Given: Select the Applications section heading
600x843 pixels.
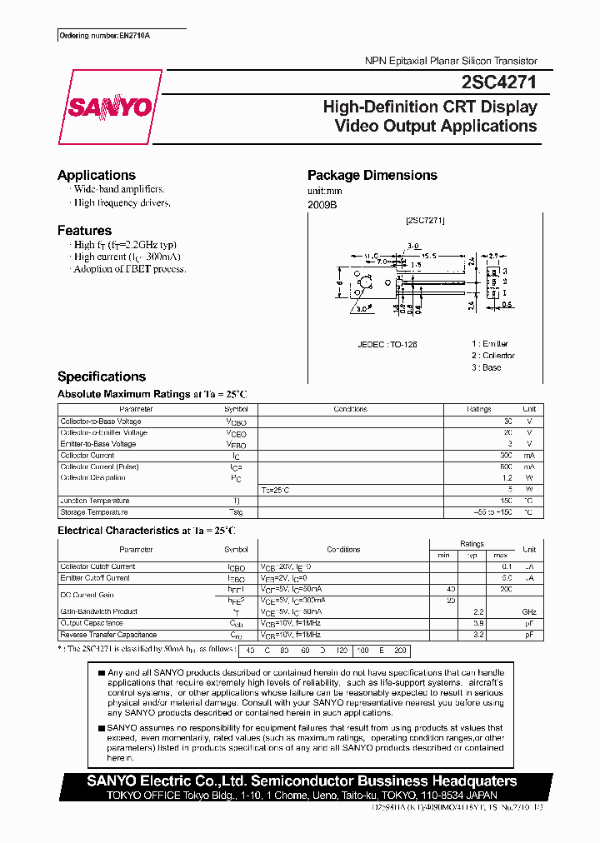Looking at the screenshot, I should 97,175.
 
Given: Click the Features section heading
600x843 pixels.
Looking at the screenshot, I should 84,230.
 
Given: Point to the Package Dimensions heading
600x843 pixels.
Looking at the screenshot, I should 372,175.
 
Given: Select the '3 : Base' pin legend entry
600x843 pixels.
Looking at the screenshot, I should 486,367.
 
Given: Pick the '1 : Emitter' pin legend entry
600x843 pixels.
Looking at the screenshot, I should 489,343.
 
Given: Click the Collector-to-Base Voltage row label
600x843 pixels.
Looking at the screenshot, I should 101,421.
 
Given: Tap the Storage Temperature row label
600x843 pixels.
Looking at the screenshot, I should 94,512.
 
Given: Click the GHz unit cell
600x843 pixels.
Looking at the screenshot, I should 528,611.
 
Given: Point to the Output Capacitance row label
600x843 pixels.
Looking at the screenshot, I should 92,623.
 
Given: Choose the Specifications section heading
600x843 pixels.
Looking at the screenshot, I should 102,377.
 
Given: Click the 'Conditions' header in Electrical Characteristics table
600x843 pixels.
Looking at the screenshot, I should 343,550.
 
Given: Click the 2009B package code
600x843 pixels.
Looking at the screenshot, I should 322,204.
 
